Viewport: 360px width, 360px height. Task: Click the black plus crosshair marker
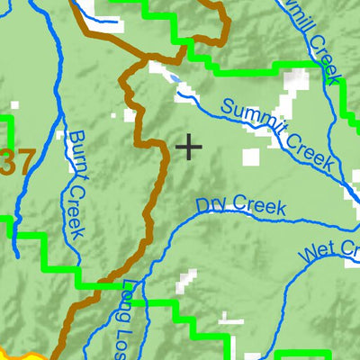pos(189,146)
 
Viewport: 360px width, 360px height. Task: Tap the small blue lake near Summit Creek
pos(171,77)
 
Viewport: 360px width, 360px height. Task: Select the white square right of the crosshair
pos(250,157)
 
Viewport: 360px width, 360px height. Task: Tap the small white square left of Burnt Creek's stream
pos(60,135)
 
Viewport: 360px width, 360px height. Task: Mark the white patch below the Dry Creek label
pos(186,280)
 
